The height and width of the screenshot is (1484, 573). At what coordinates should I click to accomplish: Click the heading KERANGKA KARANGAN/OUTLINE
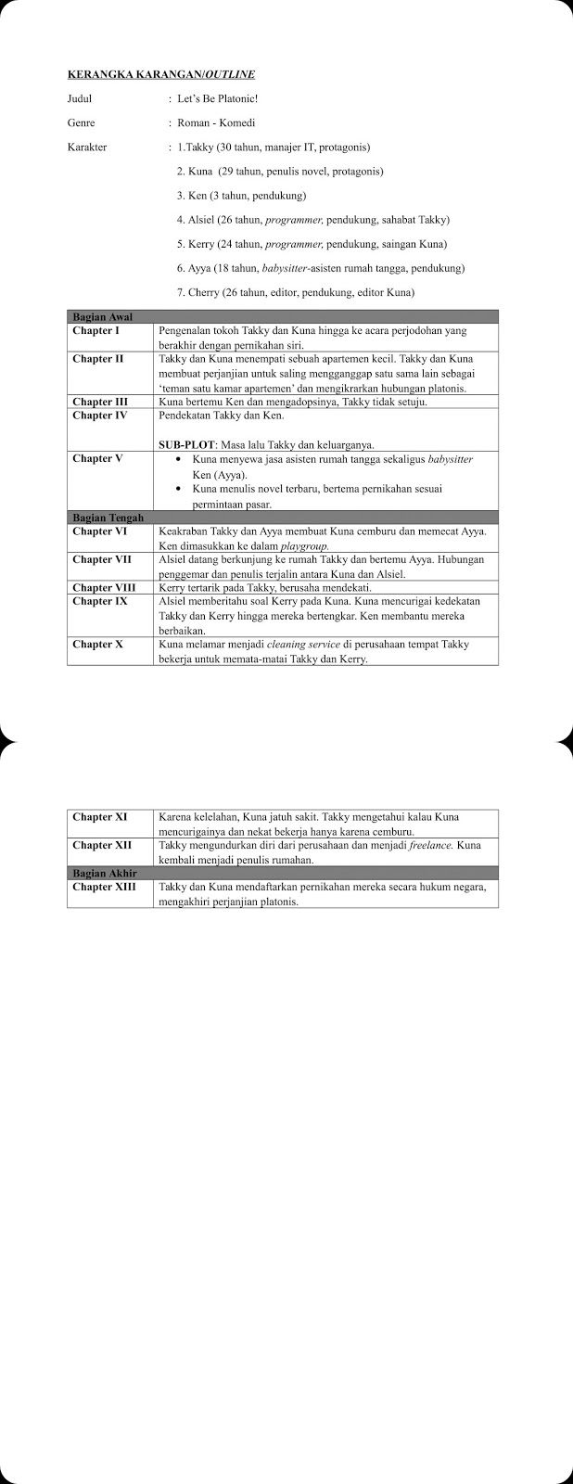coord(161,73)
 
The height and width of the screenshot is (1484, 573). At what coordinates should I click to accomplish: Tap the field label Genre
coord(81,122)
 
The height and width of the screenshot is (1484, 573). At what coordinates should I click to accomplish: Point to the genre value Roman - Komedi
coord(216,122)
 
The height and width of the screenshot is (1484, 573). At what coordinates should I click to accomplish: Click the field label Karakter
coord(87,147)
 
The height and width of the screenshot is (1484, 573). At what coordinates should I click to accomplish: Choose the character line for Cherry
coord(295,292)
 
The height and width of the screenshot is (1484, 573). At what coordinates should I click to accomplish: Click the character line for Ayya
coord(320,268)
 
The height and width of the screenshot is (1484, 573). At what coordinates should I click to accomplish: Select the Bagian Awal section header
coord(102,316)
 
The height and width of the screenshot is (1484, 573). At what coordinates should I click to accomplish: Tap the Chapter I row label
coord(95,330)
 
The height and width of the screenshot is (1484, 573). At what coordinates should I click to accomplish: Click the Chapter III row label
coord(99,402)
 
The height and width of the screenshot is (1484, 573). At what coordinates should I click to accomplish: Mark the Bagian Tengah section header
coord(108,517)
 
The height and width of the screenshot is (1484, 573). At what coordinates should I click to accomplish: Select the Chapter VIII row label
coord(104,587)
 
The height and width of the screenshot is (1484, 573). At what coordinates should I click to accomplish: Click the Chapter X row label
coord(97,644)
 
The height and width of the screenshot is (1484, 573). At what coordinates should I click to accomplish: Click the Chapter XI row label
coord(99,817)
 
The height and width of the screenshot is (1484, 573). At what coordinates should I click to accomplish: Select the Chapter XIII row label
coord(104,887)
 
